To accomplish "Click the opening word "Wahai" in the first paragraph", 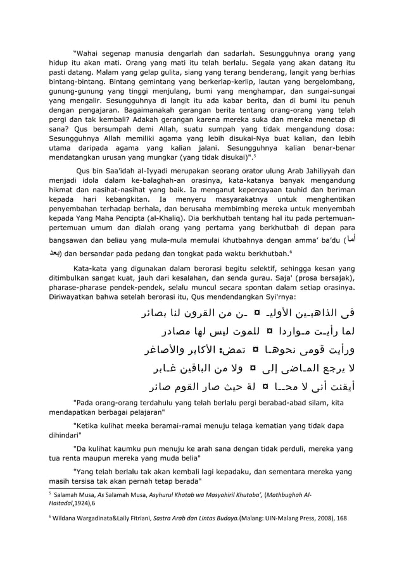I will tap(89, 54).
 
